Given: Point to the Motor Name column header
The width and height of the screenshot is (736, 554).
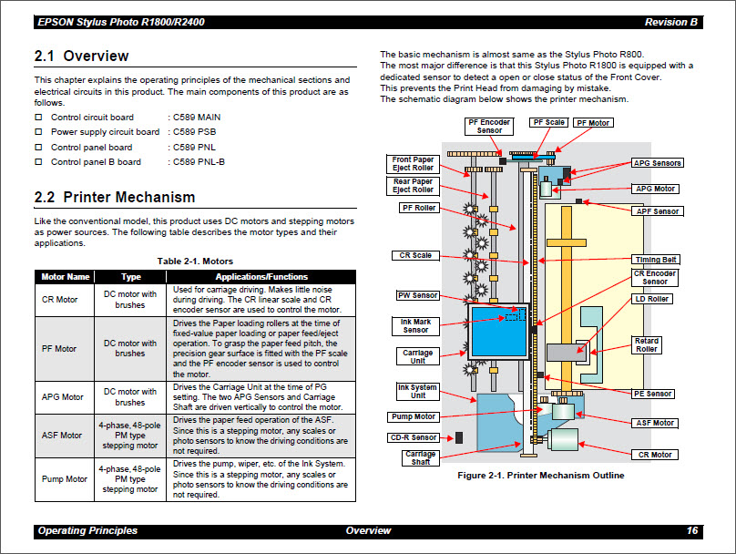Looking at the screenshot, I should (x=65, y=277).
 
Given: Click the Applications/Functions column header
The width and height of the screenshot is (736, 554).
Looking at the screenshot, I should (x=261, y=277).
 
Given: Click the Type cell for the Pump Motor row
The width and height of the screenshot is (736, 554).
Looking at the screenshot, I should (x=130, y=478).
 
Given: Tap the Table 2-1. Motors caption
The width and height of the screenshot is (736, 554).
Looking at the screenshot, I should (x=195, y=262).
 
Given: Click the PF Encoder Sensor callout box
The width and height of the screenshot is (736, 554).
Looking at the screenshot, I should (x=489, y=127).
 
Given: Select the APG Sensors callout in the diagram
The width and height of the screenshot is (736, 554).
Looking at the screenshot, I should (x=658, y=163).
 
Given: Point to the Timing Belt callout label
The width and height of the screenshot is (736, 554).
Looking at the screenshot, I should (x=656, y=260).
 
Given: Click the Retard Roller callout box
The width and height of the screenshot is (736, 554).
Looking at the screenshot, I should (x=647, y=345).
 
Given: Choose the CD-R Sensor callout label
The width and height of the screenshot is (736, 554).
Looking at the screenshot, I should (x=413, y=437).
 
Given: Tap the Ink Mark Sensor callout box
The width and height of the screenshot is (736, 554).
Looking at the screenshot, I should (x=415, y=325).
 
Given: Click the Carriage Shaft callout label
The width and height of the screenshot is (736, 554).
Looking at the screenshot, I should (x=420, y=457).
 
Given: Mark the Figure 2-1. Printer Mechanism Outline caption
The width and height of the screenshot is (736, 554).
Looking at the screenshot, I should (x=540, y=475).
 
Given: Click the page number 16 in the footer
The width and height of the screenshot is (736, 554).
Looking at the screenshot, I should (x=691, y=530).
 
